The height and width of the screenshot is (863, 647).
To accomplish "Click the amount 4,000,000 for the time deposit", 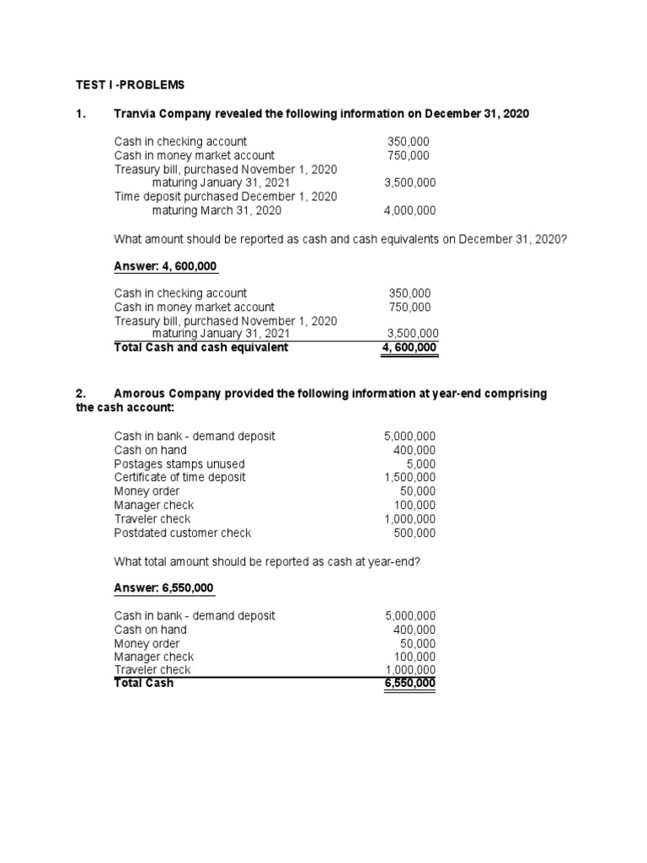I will coord(409,211).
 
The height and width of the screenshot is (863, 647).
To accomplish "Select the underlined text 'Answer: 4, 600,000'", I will coord(166,266).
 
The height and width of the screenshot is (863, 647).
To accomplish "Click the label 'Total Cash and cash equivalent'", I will coord(201,347).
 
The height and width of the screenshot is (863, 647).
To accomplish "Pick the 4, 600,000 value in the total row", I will coord(409,347).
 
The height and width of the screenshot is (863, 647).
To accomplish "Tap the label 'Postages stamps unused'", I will coord(179,464).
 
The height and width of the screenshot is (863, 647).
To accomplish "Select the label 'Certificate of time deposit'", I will coord(180,477).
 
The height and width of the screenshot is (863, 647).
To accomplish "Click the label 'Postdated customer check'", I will coord(183,533).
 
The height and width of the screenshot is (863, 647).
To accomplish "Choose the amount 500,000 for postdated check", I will coord(414,533).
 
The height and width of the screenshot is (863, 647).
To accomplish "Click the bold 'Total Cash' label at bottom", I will coord(143,683).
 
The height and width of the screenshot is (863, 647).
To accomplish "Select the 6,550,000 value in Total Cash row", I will coord(409,683).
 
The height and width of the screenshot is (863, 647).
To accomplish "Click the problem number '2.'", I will coord(81,394).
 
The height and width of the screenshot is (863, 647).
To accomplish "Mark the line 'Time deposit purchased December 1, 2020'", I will coord(226,196).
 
